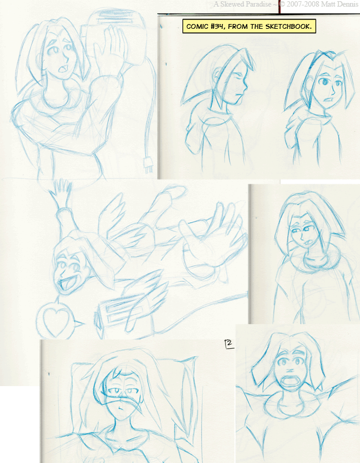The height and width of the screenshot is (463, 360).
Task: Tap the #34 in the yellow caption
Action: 215,26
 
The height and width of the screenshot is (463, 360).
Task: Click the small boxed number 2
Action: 229,344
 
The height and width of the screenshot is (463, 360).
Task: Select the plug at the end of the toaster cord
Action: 148,165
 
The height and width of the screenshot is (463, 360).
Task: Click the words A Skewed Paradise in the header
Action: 242,4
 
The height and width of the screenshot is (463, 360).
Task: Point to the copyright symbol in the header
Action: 282,4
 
